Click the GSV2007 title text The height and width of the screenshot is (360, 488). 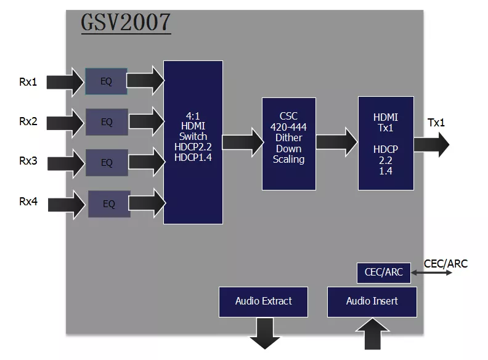[126, 23]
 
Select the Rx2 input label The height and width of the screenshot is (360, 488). [28, 121]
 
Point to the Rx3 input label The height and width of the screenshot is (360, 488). [28, 162]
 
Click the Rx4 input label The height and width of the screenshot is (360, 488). [28, 202]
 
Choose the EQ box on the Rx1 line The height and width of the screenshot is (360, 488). [106, 81]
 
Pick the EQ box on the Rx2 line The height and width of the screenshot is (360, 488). [107, 122]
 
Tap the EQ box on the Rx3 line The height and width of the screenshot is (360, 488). [107, 163]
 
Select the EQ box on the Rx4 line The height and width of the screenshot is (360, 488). [109, 204]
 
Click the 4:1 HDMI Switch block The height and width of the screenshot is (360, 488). [193, 142]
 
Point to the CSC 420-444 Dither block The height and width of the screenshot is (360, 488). [288, 143]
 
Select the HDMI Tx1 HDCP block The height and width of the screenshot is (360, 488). [386, 143]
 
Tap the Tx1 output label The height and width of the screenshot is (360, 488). [436, 123]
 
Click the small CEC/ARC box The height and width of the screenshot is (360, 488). [384, 273]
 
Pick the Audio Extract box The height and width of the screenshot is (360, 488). [263, 301]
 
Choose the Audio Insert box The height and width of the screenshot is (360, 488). [372, 301]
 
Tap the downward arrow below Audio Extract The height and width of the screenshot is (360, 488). [264, 333]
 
